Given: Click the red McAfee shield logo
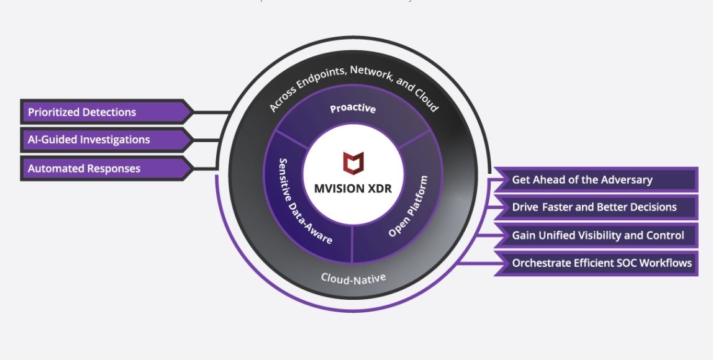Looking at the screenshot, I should (353, 163).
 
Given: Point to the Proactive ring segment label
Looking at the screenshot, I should (353, 109).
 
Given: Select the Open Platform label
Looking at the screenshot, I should (408, 206).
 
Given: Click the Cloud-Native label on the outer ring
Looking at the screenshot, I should (353, 277).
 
